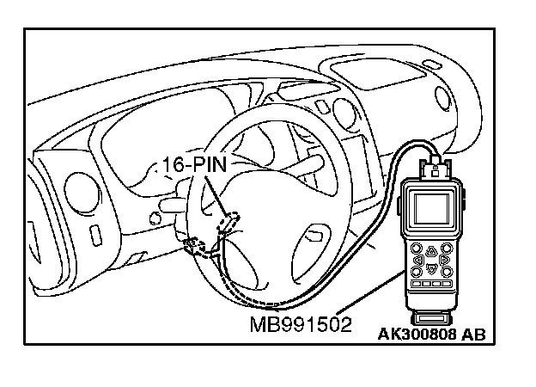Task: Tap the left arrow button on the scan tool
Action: (x=417, y=256)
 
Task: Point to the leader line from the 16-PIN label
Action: (x=217, y=196)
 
